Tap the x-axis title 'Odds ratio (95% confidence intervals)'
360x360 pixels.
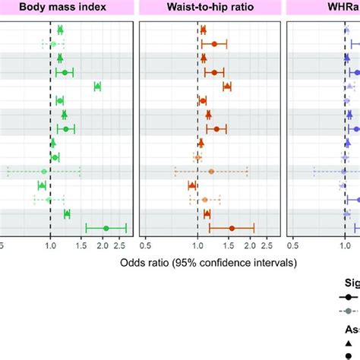click(208, 263)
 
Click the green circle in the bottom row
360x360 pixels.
click(106, 228)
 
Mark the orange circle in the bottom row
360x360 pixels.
click(232, 228)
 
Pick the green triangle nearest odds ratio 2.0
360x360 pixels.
click(97, 87)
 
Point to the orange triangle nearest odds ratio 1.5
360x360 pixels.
click(227, 87)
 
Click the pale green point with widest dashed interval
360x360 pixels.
click(44, 172)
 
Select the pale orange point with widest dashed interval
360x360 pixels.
click(211, 172)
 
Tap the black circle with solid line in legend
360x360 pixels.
click(349, 295)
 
